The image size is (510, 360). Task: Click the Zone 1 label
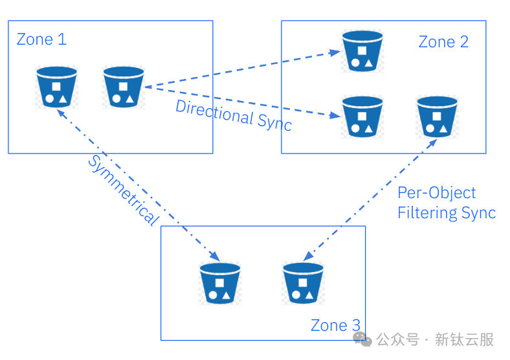point(41,39)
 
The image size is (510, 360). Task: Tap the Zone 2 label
point(443,42)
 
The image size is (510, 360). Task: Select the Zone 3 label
point(335,326)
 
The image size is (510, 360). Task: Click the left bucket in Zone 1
point(56,87)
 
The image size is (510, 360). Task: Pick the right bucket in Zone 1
point(124,87)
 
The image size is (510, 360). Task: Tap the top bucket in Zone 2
point(362,51)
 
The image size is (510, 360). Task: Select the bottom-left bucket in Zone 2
point(362,117)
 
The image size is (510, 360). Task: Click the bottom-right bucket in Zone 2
point(437,117)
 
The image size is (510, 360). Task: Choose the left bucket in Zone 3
point(220,283)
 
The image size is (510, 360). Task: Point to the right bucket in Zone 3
point(303,283)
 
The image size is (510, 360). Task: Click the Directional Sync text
point(234,116)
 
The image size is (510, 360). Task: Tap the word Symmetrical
point(124,190)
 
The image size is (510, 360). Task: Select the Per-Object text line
point(436,193)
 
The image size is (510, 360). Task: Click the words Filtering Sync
point(447,213)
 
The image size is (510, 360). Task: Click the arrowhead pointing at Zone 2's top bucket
point(335,52)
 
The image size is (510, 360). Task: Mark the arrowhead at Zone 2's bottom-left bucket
point(335,115)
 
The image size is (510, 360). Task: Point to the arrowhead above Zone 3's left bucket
point(215,256)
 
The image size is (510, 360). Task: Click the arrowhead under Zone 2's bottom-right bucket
point(432,144)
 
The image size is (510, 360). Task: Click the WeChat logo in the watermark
point(362,339)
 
